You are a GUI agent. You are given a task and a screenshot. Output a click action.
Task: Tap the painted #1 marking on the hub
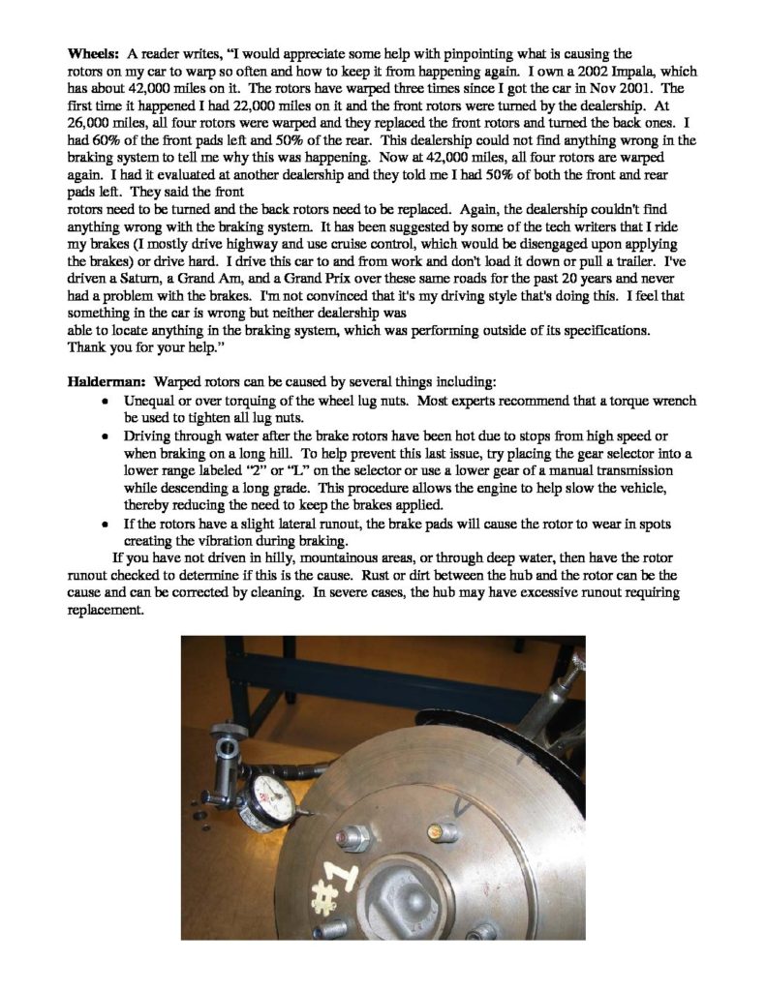pos(335,881)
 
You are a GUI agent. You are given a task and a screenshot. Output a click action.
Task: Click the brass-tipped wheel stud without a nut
pos(446,831)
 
